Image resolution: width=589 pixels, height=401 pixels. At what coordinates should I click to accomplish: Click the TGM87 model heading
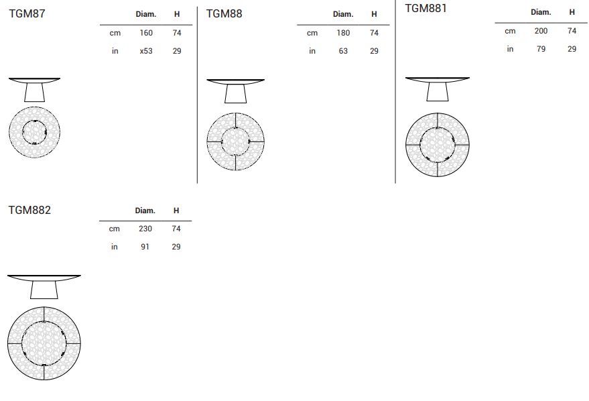tap(27, 13)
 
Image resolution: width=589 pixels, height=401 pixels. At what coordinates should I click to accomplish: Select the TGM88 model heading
tap(224, 13)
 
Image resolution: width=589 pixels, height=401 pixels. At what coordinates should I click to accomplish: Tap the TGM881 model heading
tap(426, 8)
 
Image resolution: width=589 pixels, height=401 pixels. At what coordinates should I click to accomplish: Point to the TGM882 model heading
tap(29, 210)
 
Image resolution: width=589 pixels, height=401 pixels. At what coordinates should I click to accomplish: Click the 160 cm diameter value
tap(146, 33)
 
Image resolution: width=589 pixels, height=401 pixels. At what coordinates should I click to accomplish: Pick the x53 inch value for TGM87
tap(146, 51)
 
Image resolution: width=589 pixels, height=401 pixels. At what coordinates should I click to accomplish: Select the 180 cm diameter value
tap(343, 33)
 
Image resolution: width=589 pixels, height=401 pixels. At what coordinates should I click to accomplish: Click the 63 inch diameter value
tap(343, 51)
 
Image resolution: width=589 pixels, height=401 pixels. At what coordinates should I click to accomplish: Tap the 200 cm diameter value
tap(541, 31)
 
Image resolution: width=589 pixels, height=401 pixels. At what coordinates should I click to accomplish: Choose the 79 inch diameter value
tap(541, 49)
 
